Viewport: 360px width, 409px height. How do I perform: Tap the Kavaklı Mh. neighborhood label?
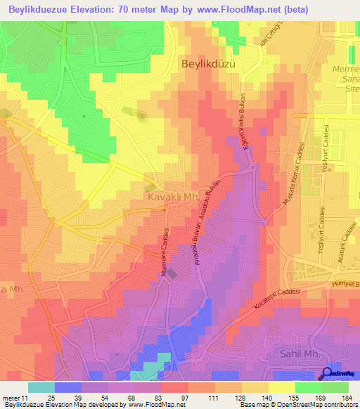[171, 198]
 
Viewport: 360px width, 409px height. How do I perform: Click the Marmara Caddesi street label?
[167, 252]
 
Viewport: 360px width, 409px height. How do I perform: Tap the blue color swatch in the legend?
[67, 387]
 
